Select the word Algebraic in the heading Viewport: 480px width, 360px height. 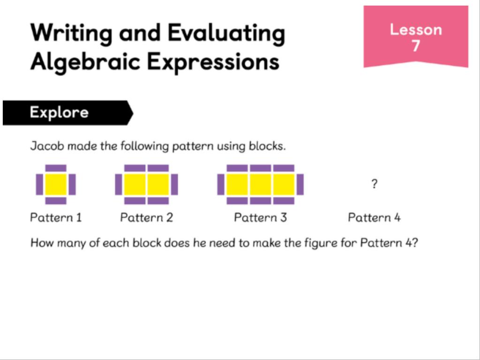click(85, 61)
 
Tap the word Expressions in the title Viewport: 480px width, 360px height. click(213, 61)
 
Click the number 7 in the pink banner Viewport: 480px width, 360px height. click(416, 46)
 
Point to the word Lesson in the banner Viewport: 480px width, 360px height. click(416, 30)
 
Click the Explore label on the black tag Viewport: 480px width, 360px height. click(60, 112)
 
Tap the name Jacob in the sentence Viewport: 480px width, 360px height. click(47, 146)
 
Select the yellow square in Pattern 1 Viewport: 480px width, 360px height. click(56, 184)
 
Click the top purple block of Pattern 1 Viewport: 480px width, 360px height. click(56, 168)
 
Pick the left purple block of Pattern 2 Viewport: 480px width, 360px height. click(119, 184)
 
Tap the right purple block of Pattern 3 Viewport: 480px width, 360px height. click(300, 184)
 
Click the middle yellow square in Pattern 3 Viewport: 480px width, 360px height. click(261, 184)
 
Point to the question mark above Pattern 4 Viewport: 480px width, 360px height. click(374, 184)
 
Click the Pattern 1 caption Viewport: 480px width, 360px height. click(56, 217)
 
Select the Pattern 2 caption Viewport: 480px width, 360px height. click(147, 217)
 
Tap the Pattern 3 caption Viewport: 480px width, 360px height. click(261, 217)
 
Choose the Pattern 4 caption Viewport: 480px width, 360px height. click(374, 217)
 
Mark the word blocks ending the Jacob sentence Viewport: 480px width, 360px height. click(267, 146)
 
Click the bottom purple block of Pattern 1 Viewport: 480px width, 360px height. click(56, 201)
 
